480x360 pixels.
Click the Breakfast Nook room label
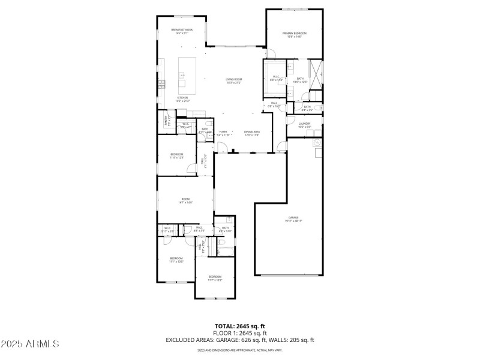[x=182, y=31]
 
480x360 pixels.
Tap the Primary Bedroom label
[x=295, y=35]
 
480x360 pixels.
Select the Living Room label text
[x=233, y=81]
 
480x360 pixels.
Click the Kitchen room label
[x=182, y=99]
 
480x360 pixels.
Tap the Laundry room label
[x=304, y=125]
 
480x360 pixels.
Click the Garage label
[x=293, y=219]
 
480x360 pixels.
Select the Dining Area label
[x=251, y=133]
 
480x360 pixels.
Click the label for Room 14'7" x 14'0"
[x=185, y=201]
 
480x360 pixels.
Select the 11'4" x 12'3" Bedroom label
[x=176, y=156]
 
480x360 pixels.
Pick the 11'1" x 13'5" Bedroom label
[x=176, y=260]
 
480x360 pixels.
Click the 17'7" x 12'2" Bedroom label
[x=215, y=278]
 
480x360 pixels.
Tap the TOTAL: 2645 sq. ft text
[x=239, y=326]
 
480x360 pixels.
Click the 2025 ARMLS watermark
[x=29, y=344]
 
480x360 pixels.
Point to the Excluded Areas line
[x=239, y=340]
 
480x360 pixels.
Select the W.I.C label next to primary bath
[x=277, y=78]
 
